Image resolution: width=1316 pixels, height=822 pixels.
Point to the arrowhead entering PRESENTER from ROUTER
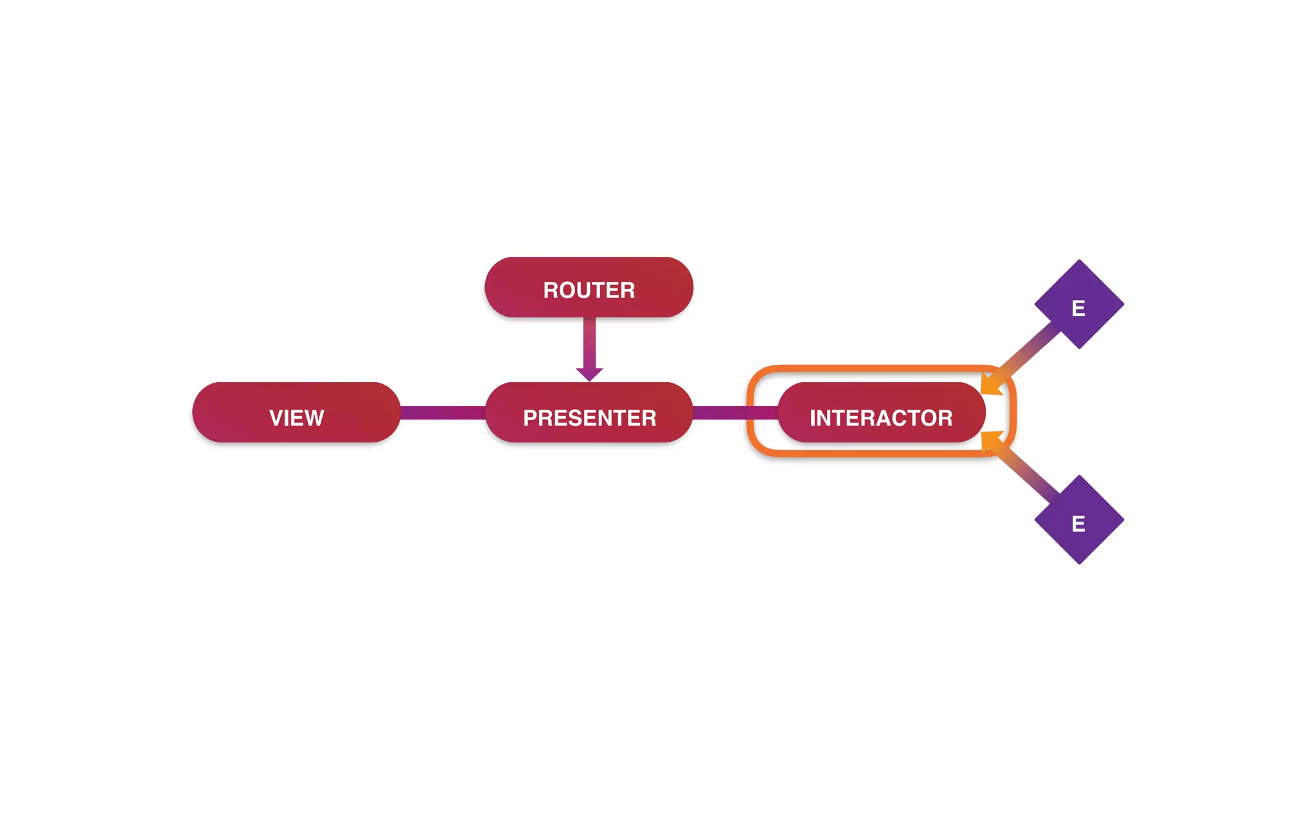point(589,374)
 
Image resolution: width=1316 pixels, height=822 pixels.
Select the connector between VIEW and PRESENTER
point(442,412)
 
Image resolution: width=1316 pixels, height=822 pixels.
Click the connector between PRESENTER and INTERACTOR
point(734,412)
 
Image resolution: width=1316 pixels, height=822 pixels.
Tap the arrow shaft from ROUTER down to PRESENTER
point(589,342)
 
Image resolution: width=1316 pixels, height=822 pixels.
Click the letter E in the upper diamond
point(1078,309)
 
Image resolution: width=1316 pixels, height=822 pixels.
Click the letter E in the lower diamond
point(1078,524)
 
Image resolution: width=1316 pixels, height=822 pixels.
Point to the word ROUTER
point(589,290)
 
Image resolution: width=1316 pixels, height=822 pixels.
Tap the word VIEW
point(296,418)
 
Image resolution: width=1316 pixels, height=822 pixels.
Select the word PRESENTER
point(589,418)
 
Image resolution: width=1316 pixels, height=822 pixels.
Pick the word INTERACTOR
point(880,418)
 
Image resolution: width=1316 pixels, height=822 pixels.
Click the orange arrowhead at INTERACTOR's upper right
point(991,383)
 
